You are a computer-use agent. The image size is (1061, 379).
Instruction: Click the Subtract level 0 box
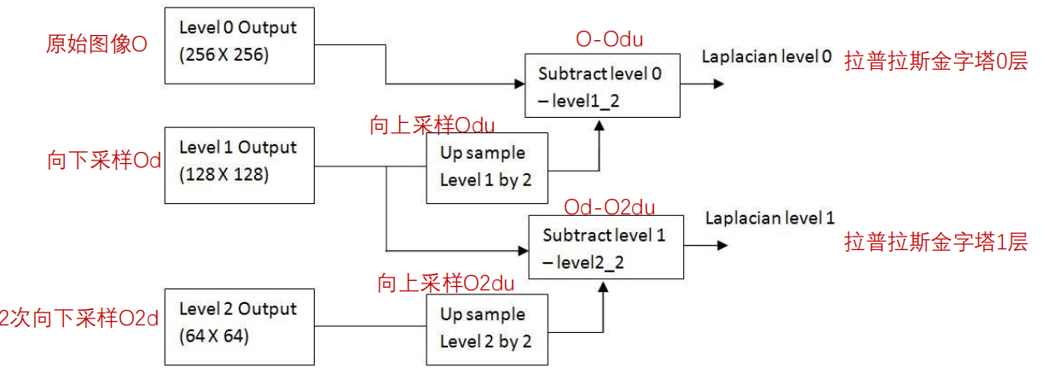[602, 85]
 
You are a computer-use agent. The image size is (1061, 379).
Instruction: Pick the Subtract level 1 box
[606, 246]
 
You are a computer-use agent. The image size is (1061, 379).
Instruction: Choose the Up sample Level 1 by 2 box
[486, 166]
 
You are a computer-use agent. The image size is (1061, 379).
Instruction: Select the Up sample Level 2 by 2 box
[486, 329]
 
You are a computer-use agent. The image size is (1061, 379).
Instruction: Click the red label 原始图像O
[96, 44]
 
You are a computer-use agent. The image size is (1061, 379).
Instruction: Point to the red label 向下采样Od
[104, 161]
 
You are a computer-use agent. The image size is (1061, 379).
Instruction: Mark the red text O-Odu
[609, 39]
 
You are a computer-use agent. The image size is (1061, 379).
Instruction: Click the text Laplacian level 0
[766, 56]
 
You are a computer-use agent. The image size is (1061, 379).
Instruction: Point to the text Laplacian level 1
[769, 218]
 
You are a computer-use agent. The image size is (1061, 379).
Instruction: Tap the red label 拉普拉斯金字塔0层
[936, 61]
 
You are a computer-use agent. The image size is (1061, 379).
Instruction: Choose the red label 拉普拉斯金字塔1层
[936, 242]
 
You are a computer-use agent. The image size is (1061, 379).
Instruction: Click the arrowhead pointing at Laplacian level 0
[720, 84]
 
